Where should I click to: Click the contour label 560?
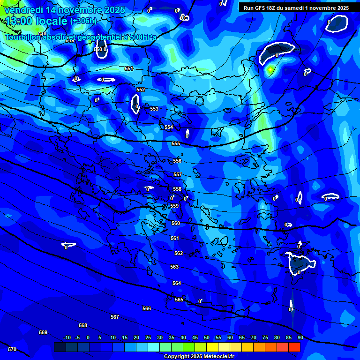[176, 224]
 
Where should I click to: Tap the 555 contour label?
[176, 144]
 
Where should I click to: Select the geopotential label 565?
[179, 300]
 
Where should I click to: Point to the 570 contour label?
[12, 349]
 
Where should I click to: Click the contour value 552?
[141, 90]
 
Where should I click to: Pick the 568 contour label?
[83, 325]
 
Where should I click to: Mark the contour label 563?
[174, 267]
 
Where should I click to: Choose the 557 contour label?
[178, 174]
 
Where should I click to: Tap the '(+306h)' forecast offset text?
[83, 21]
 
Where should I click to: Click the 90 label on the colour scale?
[300, 337]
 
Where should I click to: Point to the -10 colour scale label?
[67, 337]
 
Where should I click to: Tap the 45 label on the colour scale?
[195, 337]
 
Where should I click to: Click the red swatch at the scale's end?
[294, 347]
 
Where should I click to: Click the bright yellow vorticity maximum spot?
[270, 70]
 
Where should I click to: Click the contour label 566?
[147, 308]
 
